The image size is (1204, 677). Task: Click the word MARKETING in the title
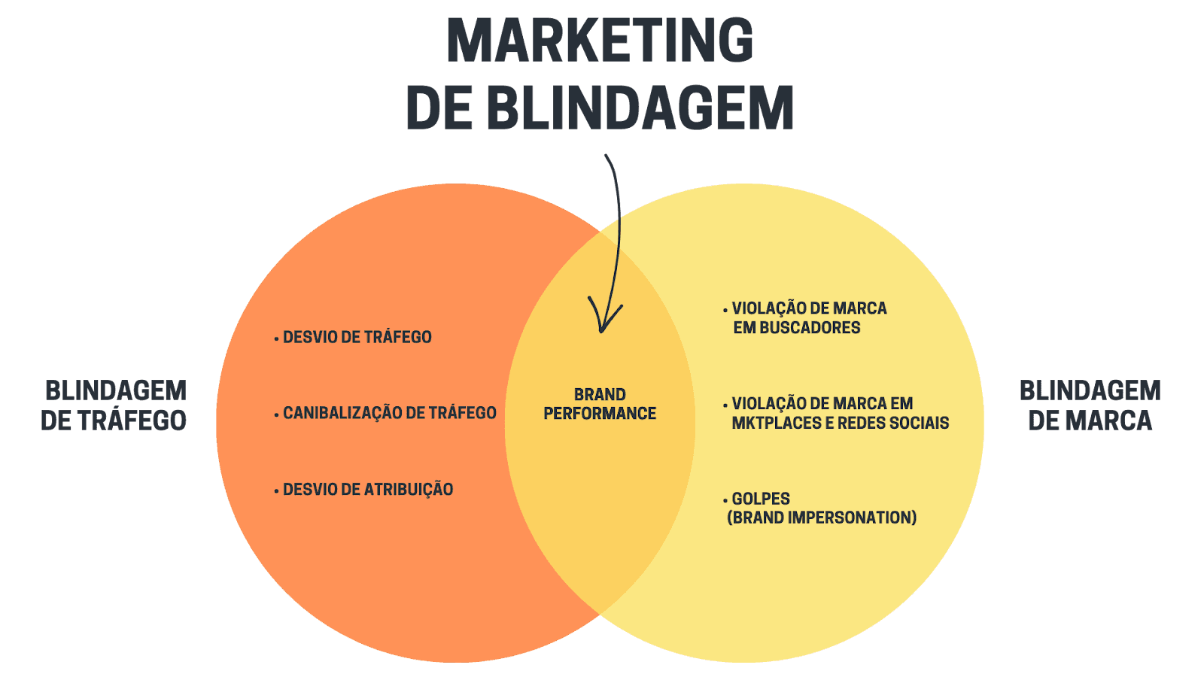click(600, 41)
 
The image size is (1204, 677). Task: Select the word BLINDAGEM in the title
click(640, 108)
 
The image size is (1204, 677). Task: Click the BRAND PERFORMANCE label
click(600, 404)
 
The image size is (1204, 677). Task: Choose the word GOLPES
click(761, 499)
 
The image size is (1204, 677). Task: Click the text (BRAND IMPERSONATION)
click(822, 518)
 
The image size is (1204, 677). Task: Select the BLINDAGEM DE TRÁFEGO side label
click(114, 405)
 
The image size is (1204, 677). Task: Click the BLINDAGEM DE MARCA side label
click(1090, 405)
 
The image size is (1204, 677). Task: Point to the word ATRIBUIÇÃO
click(409, 490)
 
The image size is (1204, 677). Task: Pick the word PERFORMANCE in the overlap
click(600, 414)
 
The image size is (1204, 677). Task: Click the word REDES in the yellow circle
click(859, 424)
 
